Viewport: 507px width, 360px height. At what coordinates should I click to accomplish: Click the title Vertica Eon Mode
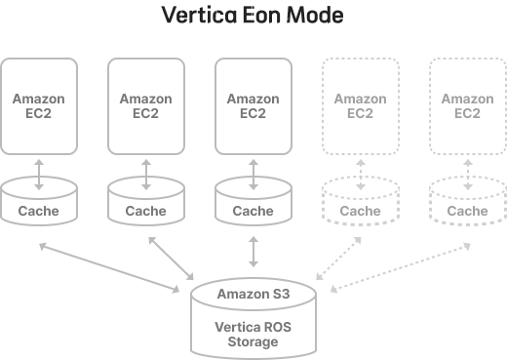253,17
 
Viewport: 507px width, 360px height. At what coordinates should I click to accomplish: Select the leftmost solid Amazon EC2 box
39,105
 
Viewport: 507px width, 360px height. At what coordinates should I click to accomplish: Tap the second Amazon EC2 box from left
146,105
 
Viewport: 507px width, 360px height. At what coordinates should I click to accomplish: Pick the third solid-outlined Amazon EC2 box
253,105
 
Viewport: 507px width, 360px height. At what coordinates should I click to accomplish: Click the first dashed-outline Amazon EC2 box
360,105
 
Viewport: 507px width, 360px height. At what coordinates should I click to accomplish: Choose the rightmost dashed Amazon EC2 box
467,105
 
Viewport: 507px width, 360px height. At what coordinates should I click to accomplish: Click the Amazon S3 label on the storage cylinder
253,293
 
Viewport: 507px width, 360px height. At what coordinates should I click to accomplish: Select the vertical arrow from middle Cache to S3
253,251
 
